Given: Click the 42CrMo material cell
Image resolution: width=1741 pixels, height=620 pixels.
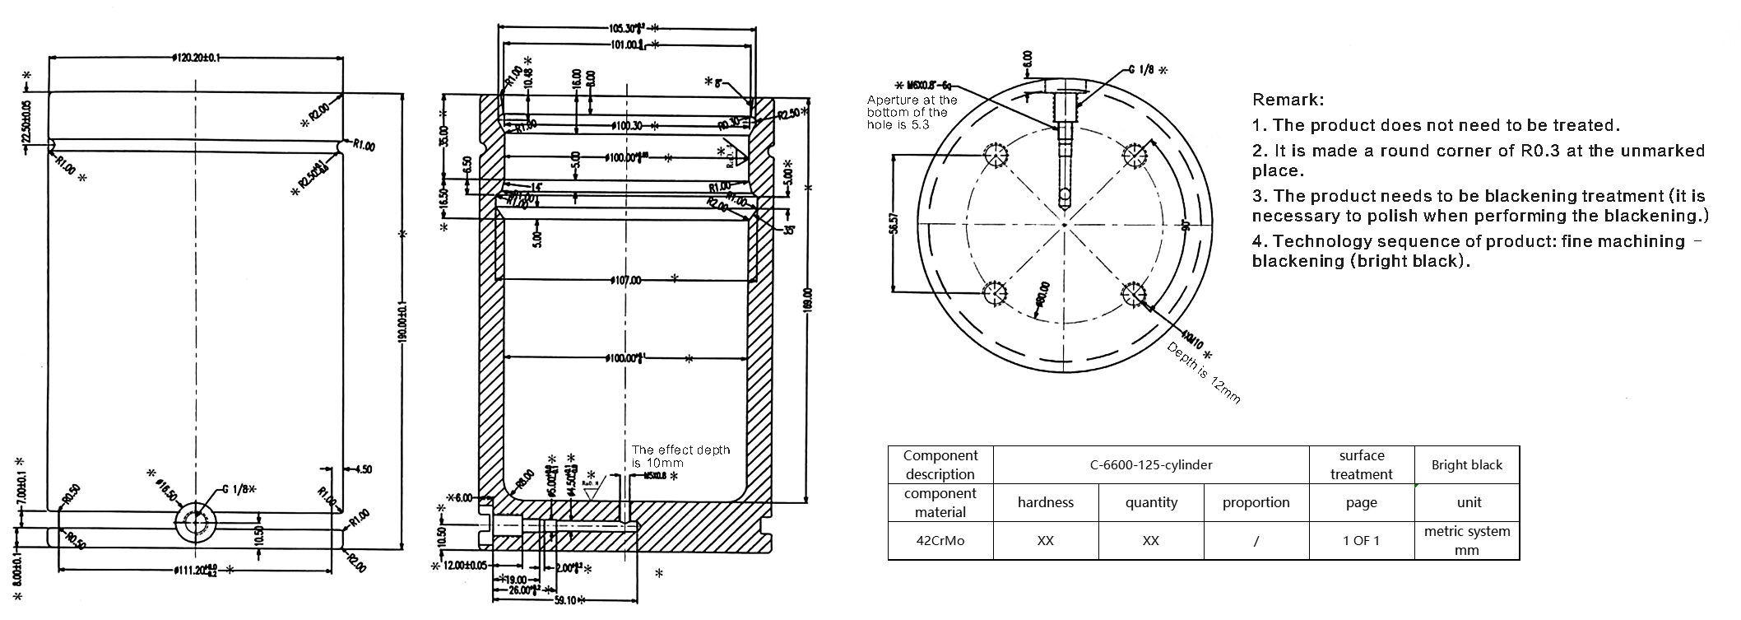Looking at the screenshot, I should pyautogui.click(x=940, y=541).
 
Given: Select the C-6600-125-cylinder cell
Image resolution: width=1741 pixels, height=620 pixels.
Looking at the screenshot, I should pyautogui.click(x=1151, y=465).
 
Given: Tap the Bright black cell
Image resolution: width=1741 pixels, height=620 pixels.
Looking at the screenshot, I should pyautogui.click(x=1466, y=465).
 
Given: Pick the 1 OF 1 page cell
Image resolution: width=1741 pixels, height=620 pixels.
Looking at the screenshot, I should pyautogui.click(x=1361, y=541).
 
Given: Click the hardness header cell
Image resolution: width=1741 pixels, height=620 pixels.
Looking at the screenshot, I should pyautogui.click(x=1045, y=502).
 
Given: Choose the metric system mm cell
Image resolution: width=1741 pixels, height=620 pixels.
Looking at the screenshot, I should pyautogui.click(x=1466, y=541).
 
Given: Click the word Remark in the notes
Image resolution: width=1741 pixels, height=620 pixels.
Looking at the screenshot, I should pyautogui.click(x=1287, y=100).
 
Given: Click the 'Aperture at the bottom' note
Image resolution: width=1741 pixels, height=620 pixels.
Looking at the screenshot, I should pyautogui.click(x=912, y=112).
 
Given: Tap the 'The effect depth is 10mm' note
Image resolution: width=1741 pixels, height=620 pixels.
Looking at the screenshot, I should pyautogui.click(x=680, y=456).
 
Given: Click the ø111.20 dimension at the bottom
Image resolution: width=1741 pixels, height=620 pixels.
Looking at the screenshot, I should pyautogui.click(x=194, y=569).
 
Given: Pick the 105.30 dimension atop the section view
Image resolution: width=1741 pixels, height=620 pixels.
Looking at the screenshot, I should pyautogui.click(x=625, y=26).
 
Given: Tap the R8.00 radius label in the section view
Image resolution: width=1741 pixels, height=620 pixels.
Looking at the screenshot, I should pyautogui.click(x=521, y=479).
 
